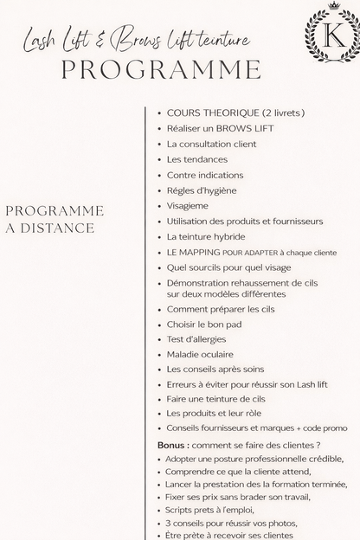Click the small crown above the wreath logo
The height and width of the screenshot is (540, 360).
[x=333, y=5]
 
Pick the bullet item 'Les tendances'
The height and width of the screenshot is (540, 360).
[x=197, y=159]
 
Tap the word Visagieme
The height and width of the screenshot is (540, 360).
[x=188, y=206]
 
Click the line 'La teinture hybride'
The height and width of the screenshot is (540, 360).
[x=206, y=236]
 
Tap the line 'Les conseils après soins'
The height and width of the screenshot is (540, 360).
[x=214, y=370]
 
